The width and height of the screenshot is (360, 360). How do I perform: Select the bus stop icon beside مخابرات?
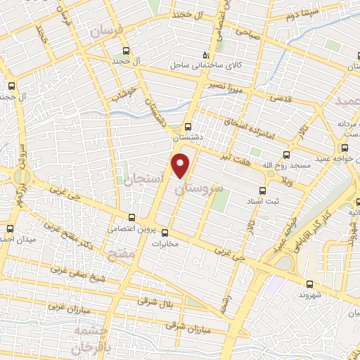coord(166,233)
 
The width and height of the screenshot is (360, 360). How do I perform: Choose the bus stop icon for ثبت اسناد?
coord(262,191)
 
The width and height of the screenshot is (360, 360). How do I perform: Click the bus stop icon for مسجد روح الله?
coord(286,155)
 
